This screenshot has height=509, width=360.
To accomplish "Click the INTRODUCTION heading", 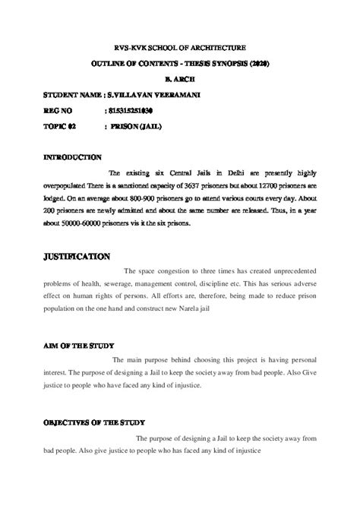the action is pos(73,157).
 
